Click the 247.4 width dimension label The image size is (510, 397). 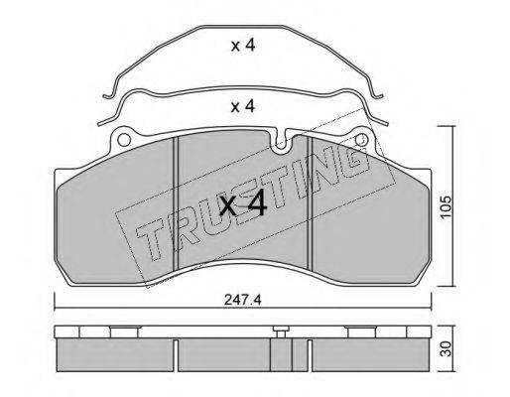(243, 300)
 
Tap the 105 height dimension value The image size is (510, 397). (446, 206)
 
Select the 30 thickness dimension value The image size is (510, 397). (446, 349)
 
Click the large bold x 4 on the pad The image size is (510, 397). (243, 205)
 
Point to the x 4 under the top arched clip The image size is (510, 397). (243, 46)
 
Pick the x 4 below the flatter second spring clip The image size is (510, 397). (243, 106)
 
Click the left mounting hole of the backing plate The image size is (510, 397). (124, 140)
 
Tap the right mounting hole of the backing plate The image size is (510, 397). (361, 139)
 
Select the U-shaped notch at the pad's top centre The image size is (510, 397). (281, 142)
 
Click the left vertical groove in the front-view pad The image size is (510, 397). (176, 203)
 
